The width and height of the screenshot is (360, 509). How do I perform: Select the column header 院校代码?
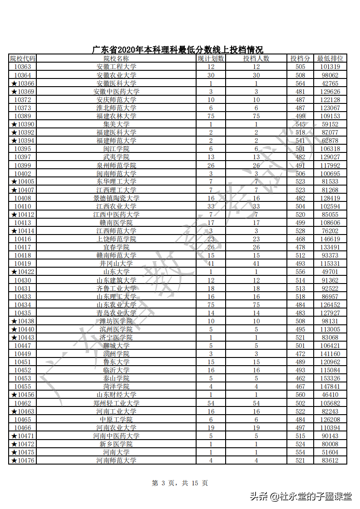22,59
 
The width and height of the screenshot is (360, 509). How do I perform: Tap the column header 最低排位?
330,59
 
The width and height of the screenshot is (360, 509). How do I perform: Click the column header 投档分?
300,59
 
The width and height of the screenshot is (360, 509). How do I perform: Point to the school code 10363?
22,67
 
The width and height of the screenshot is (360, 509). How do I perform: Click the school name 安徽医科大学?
116,83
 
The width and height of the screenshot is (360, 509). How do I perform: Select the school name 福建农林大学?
116,116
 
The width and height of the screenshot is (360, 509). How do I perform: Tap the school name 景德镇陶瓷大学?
116,198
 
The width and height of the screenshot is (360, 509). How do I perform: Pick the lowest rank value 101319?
330,67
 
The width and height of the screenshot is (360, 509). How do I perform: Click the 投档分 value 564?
300,83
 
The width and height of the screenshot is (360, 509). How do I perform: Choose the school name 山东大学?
116,272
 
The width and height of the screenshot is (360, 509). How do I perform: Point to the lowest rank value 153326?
330,378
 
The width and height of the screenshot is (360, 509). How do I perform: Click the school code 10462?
22,403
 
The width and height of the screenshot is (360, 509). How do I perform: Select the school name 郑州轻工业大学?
116,403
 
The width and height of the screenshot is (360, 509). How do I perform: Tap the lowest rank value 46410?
330,395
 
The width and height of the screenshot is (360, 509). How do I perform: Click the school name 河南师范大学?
116,460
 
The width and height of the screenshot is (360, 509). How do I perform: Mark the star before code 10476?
14,460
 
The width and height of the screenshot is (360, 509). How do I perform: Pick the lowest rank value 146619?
330,239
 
